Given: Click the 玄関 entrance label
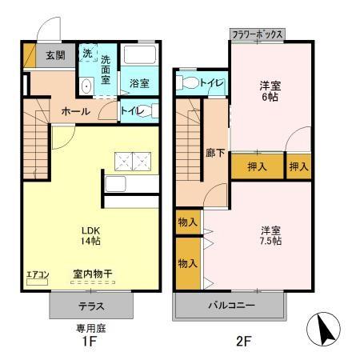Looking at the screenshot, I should point(54,56).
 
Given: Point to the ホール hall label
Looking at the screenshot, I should point(75,111).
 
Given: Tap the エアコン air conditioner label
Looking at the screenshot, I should point(38,275).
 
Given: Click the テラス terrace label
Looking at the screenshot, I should point(90,306).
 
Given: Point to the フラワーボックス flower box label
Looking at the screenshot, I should point(257,35).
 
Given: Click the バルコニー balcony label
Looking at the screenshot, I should point(231,306).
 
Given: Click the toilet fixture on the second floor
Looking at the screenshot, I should point(187,82).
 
